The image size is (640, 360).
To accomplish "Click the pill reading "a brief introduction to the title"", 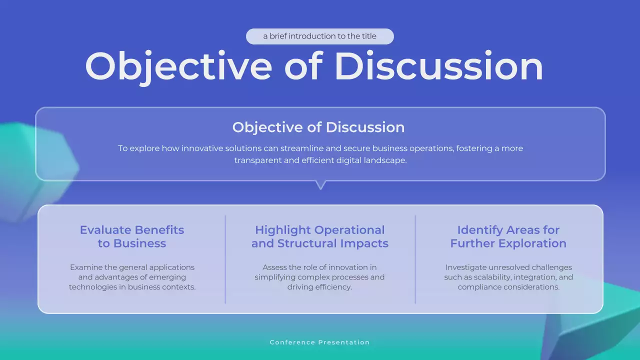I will tap(319, 36).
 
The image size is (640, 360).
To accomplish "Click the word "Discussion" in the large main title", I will tap(438, 66).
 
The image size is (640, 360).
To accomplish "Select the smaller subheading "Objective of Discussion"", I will tap(318, 127).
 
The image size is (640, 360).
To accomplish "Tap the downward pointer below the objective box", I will tap(321, 185).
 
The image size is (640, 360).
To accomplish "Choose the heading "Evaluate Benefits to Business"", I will tap(132, 236).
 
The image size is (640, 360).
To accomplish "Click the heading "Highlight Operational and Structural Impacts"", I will tap(320, 236).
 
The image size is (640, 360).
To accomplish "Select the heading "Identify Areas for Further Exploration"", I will tap(508, 236).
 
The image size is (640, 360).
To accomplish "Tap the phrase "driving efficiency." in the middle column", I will tap(319, 287).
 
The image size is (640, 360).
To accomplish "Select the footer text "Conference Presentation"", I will tap(319, 342).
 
